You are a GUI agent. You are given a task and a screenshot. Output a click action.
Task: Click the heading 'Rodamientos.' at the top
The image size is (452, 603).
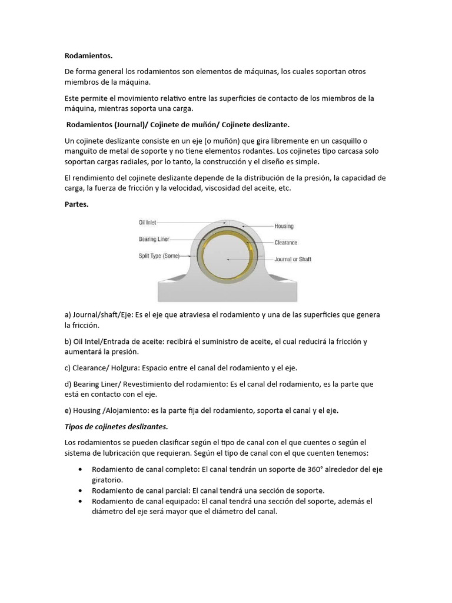pyautogui.click(x=88, y=55)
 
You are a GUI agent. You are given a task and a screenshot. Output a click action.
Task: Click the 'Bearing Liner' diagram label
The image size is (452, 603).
pyautogui.click(x=155, y=239)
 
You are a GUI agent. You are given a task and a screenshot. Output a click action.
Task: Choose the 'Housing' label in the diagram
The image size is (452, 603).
pyautogui.click(x=284, y=226)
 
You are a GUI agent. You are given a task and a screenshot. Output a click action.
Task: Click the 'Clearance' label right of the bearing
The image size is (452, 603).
pyautogui.click(x=285, y=243)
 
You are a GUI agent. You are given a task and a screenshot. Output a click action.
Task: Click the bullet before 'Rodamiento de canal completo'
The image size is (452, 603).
pyautogui.click(x=80, y=469)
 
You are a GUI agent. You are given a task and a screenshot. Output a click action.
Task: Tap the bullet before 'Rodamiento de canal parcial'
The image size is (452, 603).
pyautogui.click(x=80, y=491)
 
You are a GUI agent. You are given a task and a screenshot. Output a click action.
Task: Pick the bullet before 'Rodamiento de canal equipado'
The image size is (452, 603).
pyautogui.click(x=80, y=501)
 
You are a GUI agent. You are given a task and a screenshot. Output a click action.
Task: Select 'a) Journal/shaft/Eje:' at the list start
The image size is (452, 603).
pyautogui.click(x=98, y=315)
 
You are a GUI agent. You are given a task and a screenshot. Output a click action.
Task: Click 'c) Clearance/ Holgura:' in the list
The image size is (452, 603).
pyautogui.click(x=108, y=368)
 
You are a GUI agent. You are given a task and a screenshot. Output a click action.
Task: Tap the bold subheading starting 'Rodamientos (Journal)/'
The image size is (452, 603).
pyautogui.click(x=178, y=125)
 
